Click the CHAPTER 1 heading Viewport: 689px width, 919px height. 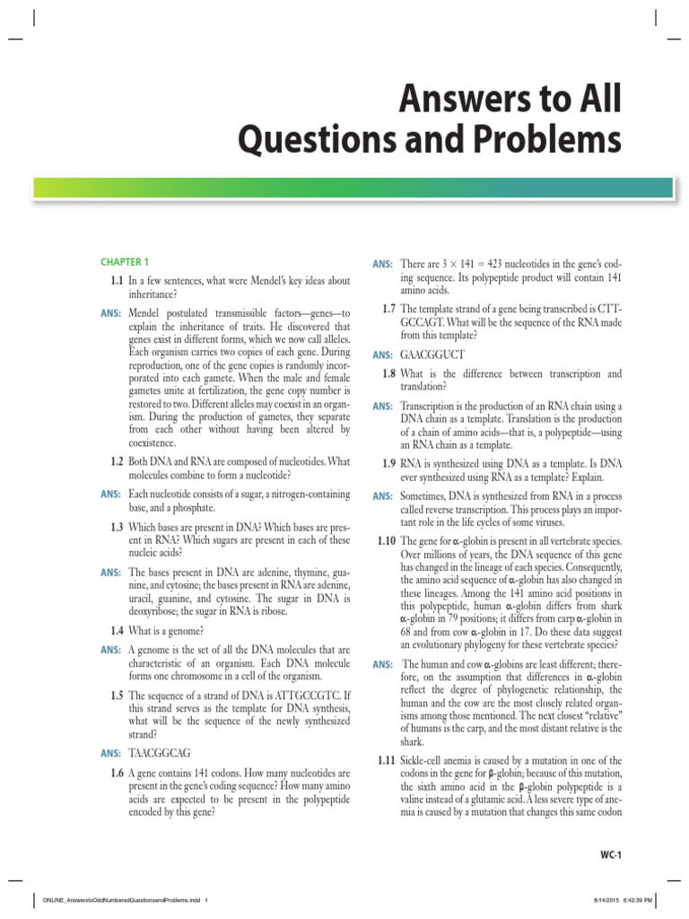click(x=125, y=262)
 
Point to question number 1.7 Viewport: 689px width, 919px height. click(x=388, y=309)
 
